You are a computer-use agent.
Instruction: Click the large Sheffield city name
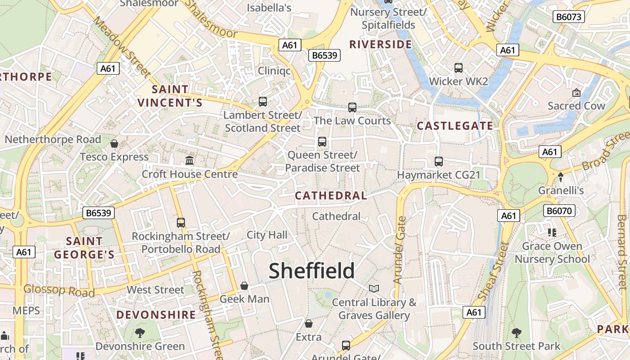(311, 271)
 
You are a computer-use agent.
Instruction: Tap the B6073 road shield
(569, 17)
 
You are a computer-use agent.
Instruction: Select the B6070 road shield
(560, 211)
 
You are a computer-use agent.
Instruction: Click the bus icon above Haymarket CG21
(439, 161)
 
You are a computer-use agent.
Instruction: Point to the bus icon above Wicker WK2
(459, 68)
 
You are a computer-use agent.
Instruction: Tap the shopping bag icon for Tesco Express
(114, 144)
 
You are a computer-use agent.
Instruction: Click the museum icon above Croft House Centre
(189, 160)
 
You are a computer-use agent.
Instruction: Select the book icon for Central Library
(374, 288)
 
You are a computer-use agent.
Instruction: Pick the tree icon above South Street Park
(517, 333)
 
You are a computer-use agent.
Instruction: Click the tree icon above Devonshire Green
(140, 333)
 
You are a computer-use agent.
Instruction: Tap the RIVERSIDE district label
(380, 44)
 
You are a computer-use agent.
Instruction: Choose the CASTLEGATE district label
(455, 126)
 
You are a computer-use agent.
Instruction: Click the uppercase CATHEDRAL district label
(331, 195)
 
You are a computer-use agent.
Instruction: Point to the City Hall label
(267, 234)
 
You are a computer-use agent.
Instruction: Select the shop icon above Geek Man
(244, 286)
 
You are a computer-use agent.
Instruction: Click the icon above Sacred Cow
(576, 93)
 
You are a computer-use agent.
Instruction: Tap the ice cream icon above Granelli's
(560, 177)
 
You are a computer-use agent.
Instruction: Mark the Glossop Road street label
(59, 291)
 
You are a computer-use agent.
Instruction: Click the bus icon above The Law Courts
(352, 108)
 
